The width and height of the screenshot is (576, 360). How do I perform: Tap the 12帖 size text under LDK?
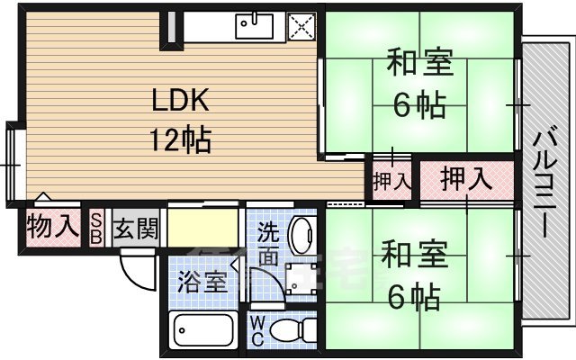pyautogui.click(x=181, y=139)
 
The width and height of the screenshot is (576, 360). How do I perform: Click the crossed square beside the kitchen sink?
pyautogui.click(x=300, y=27)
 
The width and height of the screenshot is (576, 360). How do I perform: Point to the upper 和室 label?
pyautogui.click(x=420, y=65)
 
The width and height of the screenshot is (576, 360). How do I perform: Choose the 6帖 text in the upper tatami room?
pyautogui.click(x=420, y=105)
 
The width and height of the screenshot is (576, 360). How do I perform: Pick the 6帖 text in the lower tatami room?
pyautogui.click(x=416, y=294)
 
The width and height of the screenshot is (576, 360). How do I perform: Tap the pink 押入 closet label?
pyautogui.click(x=466, y=179)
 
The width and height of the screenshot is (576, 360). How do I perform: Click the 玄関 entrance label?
pyautogui.click(x=136, y=227)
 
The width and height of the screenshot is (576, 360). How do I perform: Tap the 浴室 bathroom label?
pyautogui.click(x=202, y=281)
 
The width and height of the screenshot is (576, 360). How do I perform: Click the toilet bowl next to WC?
pyautogui.click(x=288, y=331)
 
